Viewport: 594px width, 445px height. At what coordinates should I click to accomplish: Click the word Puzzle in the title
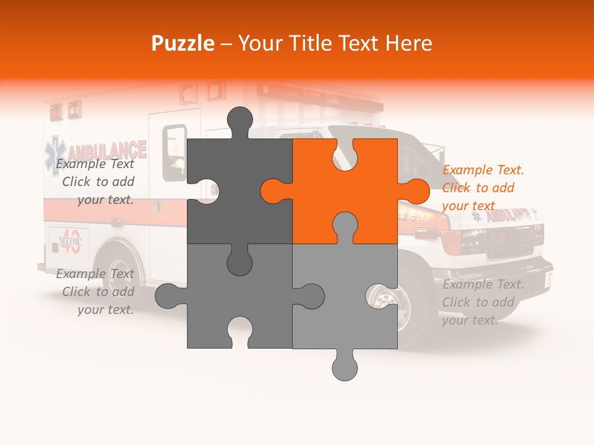click(x=183, y=43)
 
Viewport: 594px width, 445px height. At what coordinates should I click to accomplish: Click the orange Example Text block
click(x=483, y=188)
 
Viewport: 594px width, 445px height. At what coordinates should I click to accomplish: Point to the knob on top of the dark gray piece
click(x=239, y=121)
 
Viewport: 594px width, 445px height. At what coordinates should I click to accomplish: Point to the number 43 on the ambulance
click(x=71, y=245)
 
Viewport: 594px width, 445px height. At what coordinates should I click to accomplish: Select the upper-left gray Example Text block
click(x=96, y=182)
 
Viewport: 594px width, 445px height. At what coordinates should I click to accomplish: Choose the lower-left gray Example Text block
click(x=96, y=292)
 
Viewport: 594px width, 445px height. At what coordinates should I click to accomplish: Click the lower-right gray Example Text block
click(x=483, y=302)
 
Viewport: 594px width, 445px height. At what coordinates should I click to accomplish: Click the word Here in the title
click(x=408, y=43)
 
